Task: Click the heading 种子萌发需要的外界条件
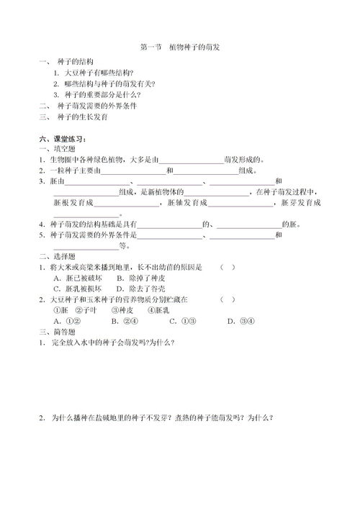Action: (97, 105)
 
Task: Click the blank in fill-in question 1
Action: (189, 160)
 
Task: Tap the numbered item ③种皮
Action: (124, 309)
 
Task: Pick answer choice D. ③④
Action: (240, 321)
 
